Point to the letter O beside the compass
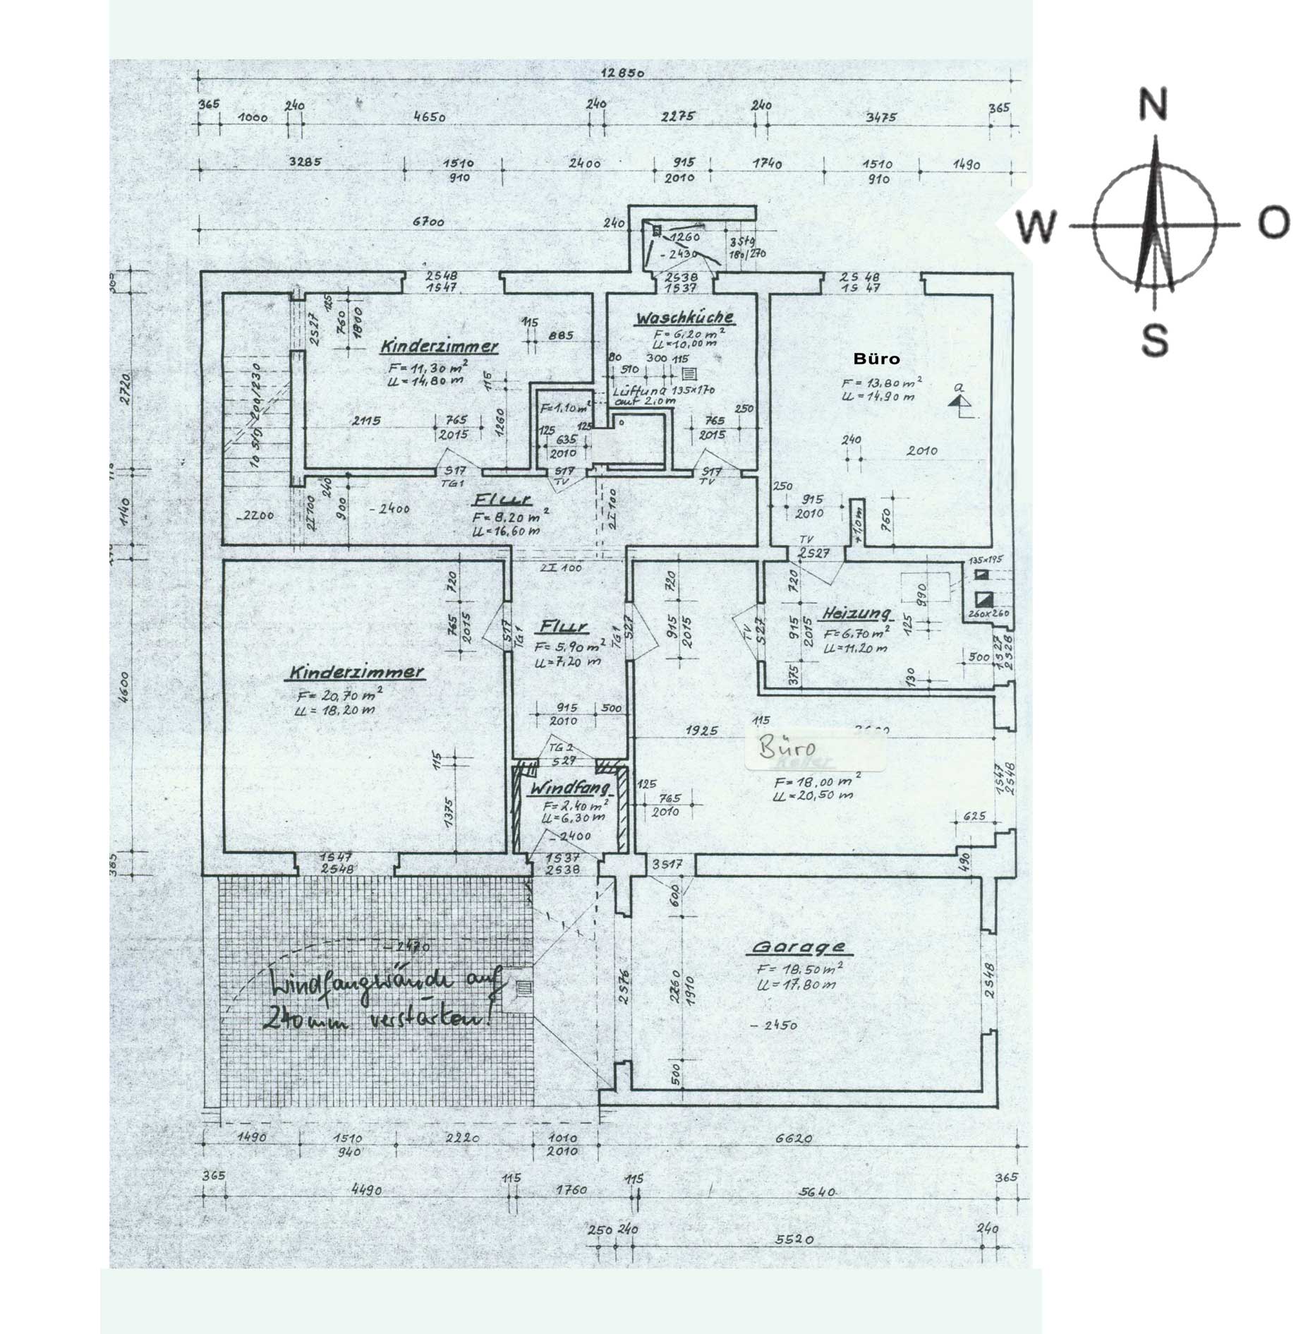[x=1274, y=223]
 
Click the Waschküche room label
[x=684, y=318]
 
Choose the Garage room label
[x=798, y=947]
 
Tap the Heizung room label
[x=854, y=613]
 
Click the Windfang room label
[x=569, y=786]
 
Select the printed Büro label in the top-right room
[x=876, y=359]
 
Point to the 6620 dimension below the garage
[x=793, y=1138]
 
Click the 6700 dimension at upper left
[x=428, y=222]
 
